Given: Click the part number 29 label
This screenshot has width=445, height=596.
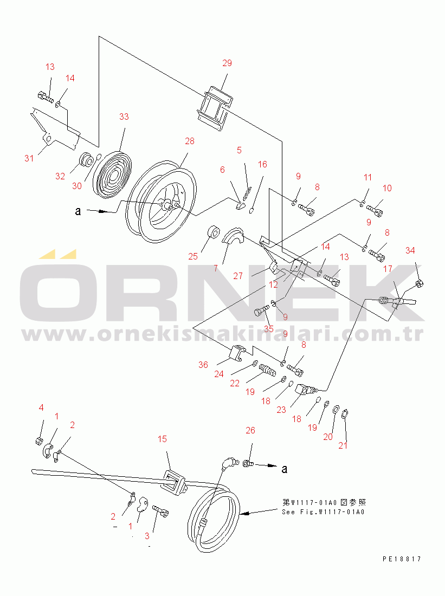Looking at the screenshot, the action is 227,63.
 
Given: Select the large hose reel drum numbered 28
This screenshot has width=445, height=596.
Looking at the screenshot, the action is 162,202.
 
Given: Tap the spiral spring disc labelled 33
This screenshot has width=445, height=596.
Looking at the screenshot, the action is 113,174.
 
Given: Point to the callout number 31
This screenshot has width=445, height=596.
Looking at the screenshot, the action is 29,159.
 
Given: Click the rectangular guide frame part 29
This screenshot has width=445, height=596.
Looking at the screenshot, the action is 215,108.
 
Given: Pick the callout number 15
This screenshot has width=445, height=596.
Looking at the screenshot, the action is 162,439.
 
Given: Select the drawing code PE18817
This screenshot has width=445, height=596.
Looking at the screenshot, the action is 402,559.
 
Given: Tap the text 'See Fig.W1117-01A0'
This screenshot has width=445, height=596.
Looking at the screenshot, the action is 323,512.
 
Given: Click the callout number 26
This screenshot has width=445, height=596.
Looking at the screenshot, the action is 250,431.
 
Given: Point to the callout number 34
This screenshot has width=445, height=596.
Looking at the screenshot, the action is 410,250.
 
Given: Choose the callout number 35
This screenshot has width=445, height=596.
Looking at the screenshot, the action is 268,328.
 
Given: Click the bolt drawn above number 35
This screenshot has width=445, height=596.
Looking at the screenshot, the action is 261,312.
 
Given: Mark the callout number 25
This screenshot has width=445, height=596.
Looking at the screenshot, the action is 193,257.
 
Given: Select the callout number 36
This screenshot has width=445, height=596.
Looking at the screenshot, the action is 203,365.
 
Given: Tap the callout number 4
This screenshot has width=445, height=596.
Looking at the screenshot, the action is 41,408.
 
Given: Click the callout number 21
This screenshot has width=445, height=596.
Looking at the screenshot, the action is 343,445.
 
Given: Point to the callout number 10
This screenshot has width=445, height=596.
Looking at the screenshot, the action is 387,188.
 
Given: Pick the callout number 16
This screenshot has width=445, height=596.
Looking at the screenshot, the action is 262,165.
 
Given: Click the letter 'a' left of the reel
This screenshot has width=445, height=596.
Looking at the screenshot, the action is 78,211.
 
